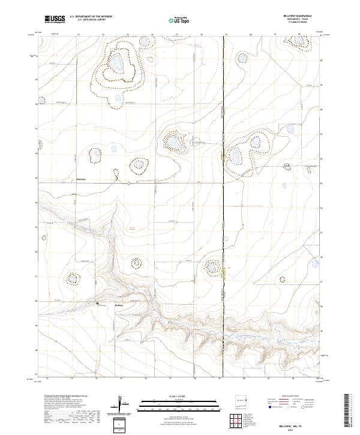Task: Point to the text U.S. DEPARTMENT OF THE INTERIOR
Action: click(x=91, y=17)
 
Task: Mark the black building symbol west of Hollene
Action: click(x=98, y=304)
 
